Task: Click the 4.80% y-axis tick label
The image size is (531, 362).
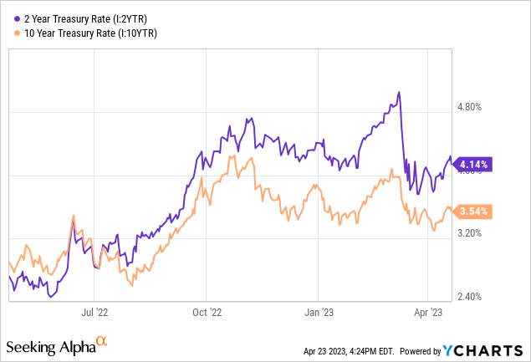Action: point(472,107)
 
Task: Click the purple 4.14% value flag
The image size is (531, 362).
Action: point(473,164)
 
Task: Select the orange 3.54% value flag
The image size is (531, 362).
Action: point(473,211)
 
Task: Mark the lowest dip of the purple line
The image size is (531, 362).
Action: point(52,296)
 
